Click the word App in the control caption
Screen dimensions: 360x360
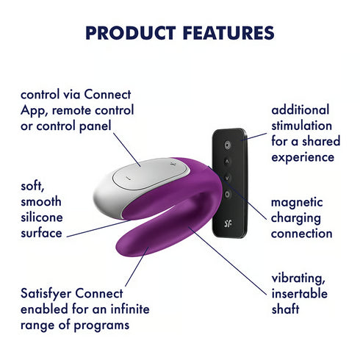(x=34, y=110)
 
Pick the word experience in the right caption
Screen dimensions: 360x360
(x=303, y=156)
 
